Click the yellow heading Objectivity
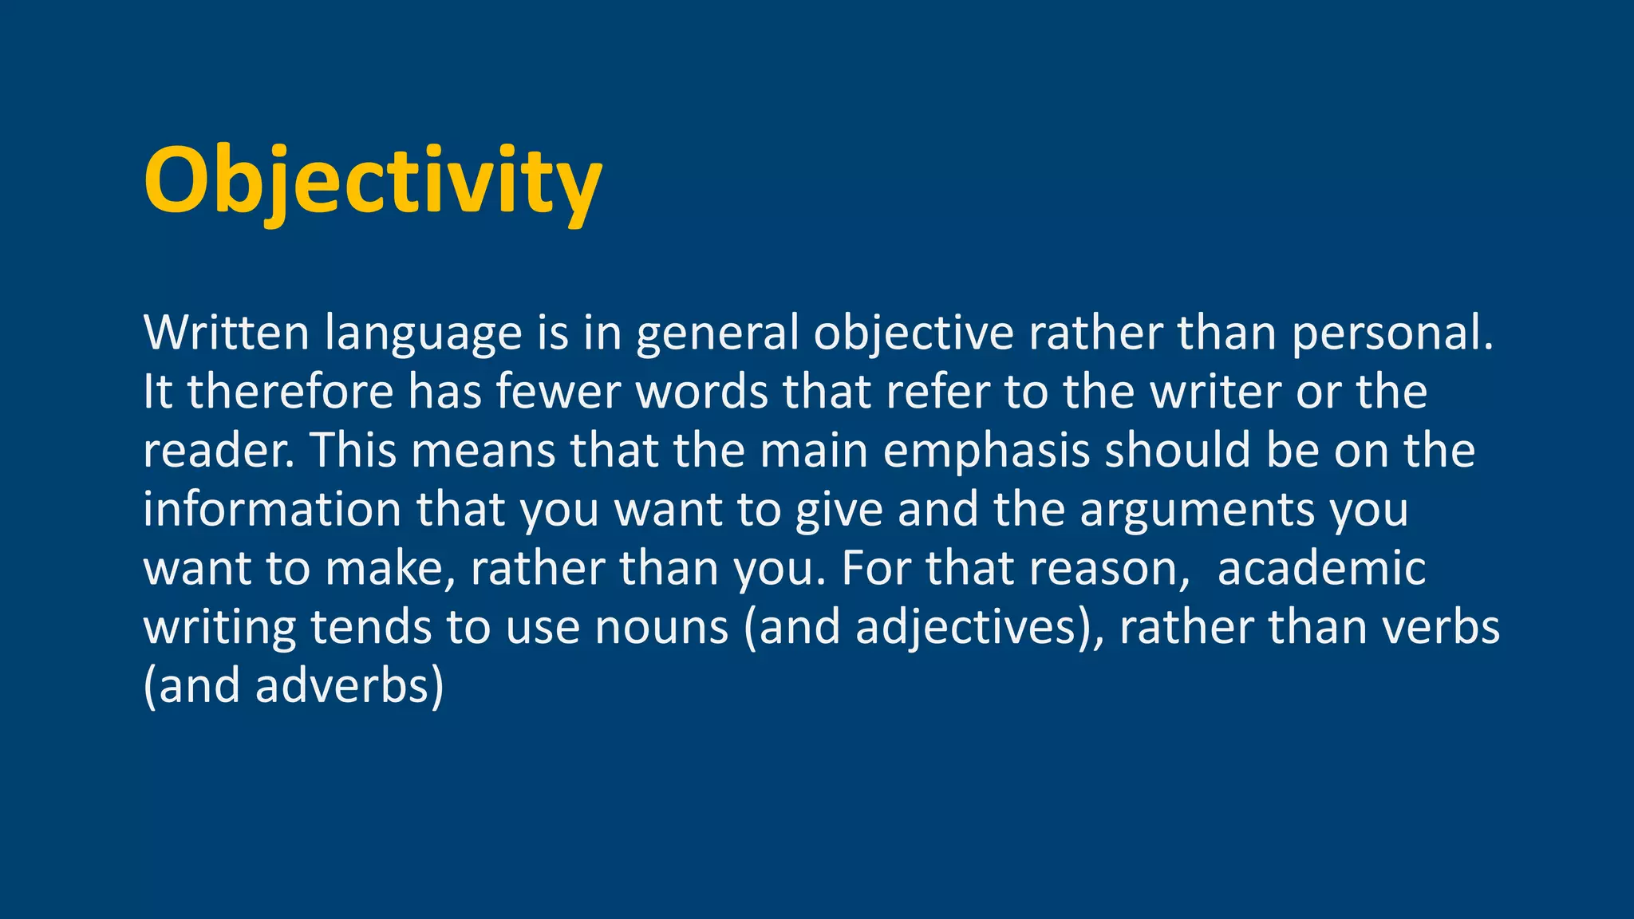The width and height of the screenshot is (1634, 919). pos(372,182)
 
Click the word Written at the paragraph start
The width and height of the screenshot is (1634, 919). pos(226,333)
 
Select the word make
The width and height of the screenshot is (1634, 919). pos(385,569)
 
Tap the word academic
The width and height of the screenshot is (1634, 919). pos(1321,569)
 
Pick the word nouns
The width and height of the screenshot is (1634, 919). pos(662,628)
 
